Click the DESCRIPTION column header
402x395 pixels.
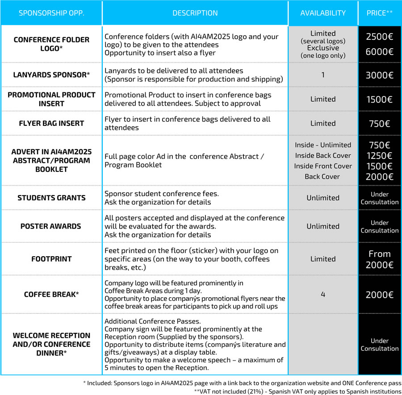(195, 13)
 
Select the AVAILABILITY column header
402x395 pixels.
(323, 13)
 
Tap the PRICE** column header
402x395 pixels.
(380, 13)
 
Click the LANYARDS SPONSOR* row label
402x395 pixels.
(51, 75)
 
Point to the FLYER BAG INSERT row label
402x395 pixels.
(51, 123)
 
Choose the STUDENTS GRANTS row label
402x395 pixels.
(51, 198)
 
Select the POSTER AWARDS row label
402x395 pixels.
(51, 226)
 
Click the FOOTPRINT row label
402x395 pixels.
(51, 259)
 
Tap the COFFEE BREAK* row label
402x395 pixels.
(51, 295)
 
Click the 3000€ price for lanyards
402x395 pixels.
(380, 75)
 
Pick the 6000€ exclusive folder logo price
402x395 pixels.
(380, 52)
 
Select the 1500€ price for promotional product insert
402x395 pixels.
(380, 99)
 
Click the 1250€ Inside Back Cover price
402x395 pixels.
(380, 155)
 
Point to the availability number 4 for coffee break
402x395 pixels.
(323, 295)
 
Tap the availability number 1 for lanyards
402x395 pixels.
(323, 75)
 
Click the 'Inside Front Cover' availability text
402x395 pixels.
(323, 166)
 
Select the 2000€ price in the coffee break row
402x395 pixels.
(380, 295)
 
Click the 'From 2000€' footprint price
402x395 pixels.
(380, 259)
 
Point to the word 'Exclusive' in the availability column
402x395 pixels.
(323, 48)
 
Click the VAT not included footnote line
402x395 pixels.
(297, 391)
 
